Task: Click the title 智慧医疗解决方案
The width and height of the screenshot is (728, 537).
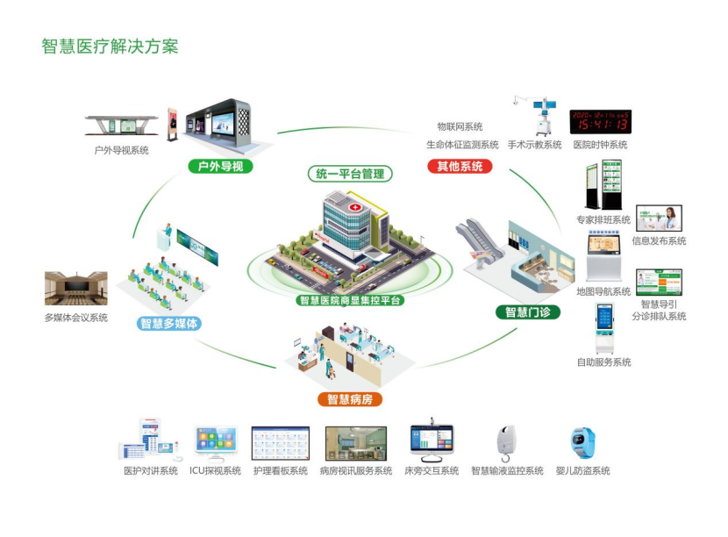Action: point(110,46)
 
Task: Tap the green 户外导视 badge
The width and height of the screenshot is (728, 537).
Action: point(220,166)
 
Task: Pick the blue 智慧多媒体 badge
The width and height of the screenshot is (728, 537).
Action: point(170,324)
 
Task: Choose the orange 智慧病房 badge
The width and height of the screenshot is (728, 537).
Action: point(349,399)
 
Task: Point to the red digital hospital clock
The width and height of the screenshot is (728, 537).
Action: point(600,121)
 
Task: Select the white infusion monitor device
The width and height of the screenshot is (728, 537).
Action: point(506,442)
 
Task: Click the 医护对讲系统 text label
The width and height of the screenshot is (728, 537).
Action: point(150,471)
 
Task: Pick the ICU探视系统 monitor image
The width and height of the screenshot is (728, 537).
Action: point(216,443)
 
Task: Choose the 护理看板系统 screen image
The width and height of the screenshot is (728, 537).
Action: point(281,443)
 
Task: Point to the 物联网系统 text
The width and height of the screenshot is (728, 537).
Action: point(460,127)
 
